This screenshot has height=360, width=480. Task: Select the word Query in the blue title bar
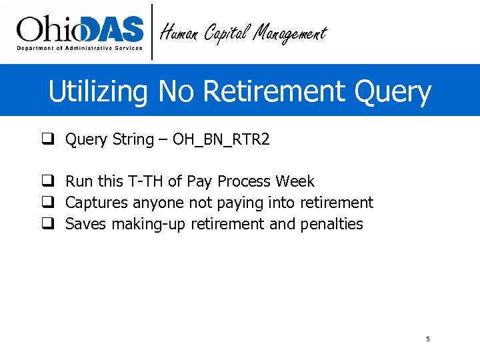click(393, 92)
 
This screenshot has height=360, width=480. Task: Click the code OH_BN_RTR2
click(221, 139)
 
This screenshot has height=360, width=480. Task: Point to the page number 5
click(428, 339)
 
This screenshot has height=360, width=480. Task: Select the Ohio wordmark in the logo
click(51, 30)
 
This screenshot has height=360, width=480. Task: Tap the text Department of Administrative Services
click(79, 49)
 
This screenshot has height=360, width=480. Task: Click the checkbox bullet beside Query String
click(47, 139)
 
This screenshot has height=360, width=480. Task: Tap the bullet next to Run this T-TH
click(47, 181)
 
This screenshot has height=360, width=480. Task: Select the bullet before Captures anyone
click(47, 203)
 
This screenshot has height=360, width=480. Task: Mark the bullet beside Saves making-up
click(47, 224)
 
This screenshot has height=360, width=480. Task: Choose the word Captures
click(97, 203)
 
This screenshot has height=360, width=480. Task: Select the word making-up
click(149, 224)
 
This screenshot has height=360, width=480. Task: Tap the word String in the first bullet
click(133, 139)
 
